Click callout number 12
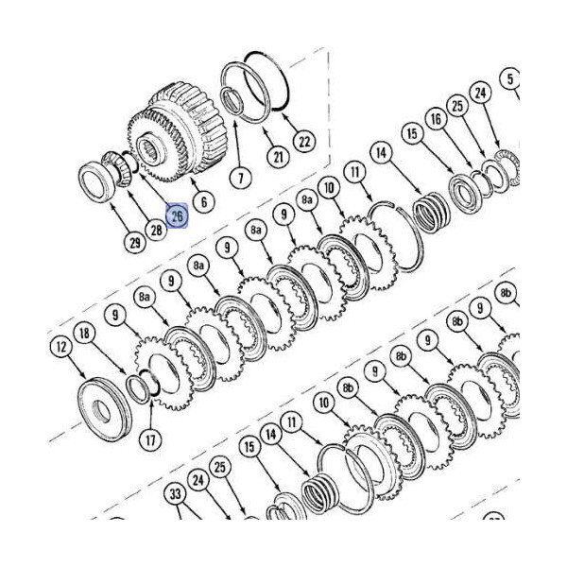coord(61,349)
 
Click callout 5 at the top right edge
coord(511,78)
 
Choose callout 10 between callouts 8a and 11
coord(328,189)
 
